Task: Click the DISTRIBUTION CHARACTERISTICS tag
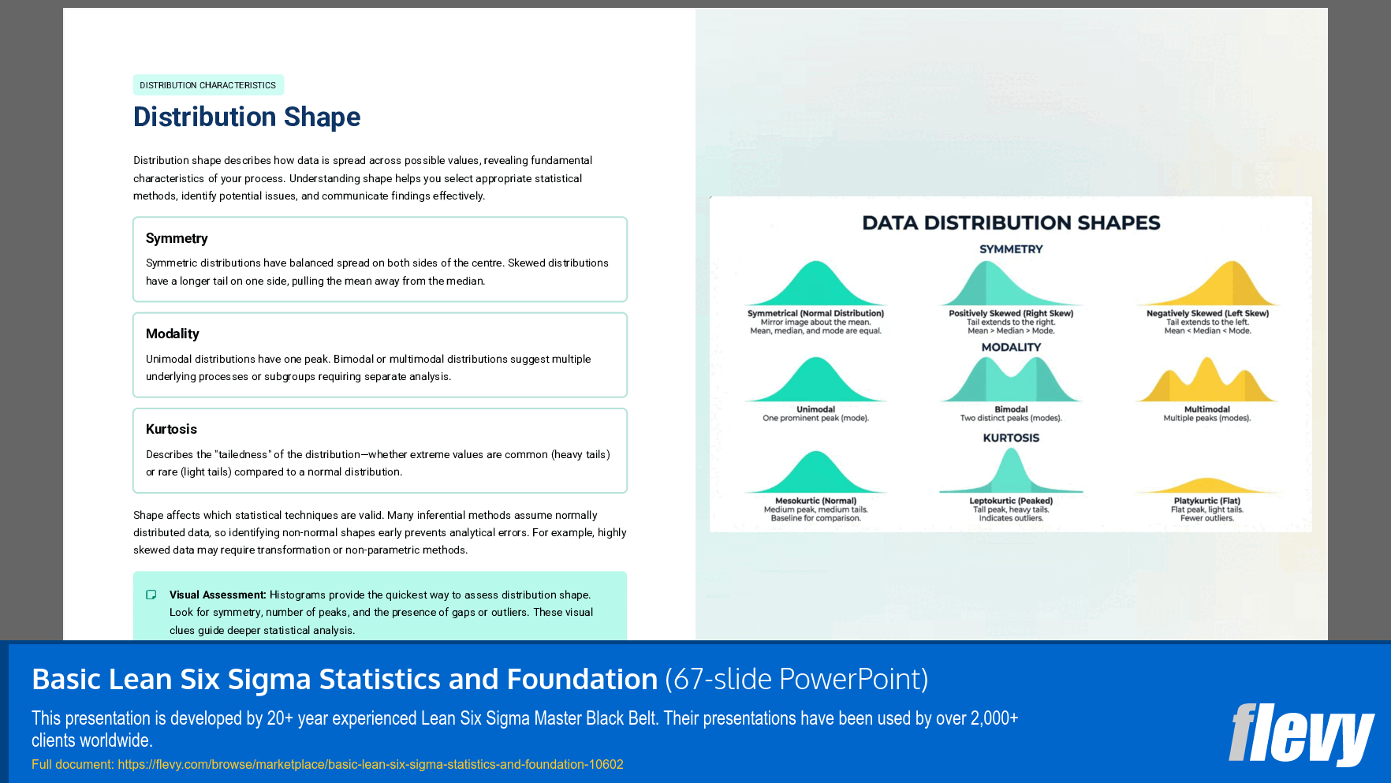208,85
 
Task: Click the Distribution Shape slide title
247,117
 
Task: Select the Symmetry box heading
177,238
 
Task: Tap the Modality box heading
173,334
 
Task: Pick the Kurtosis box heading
171,429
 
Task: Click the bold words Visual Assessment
218,595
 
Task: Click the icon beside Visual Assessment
151,595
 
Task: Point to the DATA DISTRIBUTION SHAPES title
1011,223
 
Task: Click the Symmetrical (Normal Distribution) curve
816,285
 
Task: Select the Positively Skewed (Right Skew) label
1011,313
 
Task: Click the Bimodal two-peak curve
1011,382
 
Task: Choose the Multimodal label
1206,409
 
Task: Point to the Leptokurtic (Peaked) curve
1011,473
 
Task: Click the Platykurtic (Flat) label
1206,501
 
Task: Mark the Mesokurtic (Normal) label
815,501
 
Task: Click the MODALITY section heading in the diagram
1011,347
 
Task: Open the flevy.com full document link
371,764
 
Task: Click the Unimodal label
815,409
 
